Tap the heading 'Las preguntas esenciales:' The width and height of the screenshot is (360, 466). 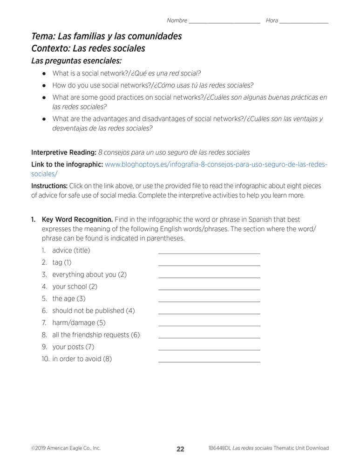[x=76, y=61]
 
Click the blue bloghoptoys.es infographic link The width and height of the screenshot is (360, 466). [x=216, y=164]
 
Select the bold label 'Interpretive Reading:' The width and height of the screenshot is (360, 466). [x=63, y=152]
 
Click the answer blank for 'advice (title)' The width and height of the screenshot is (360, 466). [x=209, y=253]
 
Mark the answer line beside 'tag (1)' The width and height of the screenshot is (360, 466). [x=209, y=265]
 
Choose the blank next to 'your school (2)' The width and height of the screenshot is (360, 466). [x=209, y=289]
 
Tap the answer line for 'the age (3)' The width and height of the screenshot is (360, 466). [x=209, y=301]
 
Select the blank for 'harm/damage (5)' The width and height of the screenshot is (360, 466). [x=209, y=325]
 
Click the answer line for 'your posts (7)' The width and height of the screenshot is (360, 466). [x=209, y=349]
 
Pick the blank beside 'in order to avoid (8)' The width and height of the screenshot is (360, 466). [x=209, y=361]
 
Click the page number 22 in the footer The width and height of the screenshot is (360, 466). [x=180, y=449]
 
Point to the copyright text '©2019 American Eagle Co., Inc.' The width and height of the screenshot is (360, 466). [x=66, y=448]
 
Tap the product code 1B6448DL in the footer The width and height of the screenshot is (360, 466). [x=221, y=448]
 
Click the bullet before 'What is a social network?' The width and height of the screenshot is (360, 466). [x=43, y=74]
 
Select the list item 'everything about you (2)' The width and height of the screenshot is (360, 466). [x=89, y=274]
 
